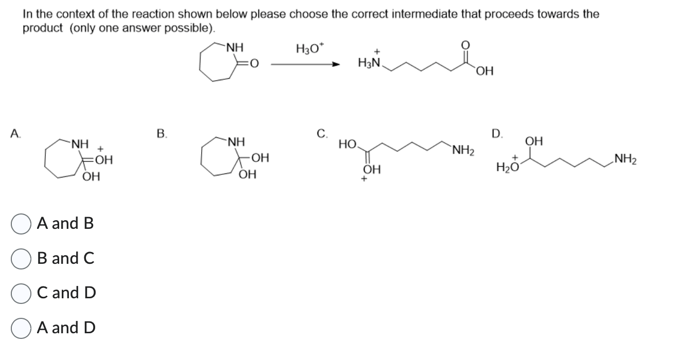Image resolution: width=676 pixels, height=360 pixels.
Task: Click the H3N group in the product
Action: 368,64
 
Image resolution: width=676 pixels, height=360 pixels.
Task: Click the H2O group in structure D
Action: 505,167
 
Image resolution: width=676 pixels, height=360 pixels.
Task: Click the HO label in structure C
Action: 347,145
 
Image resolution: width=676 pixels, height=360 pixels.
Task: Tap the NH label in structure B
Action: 236,140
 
